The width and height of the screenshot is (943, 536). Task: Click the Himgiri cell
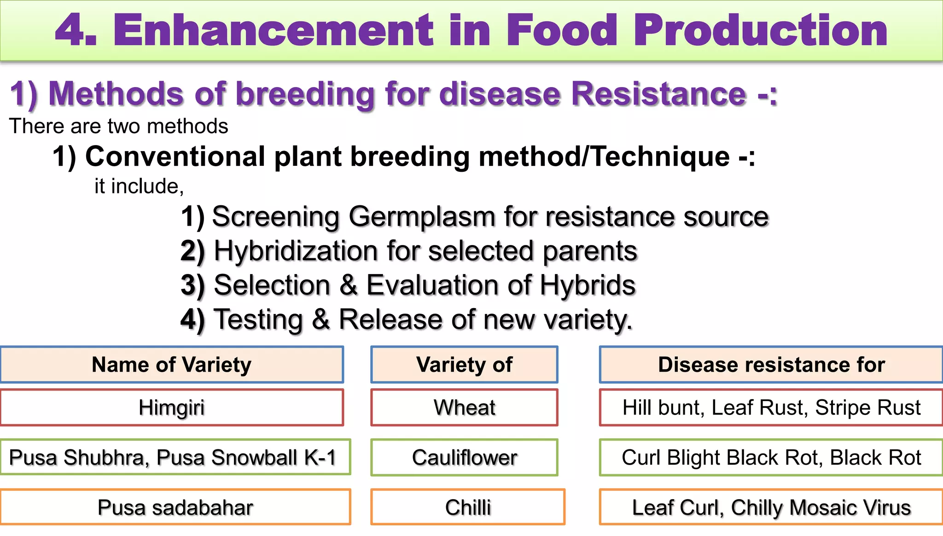pyautogui.click(x=172, y=408)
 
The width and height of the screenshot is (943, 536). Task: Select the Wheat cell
pyautogui.click(x=464, y=408)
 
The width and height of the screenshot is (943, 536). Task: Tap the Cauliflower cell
pyautogui.click(x=464, y=458)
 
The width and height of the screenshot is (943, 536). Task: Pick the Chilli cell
pyautogui.click(x=468, y=507)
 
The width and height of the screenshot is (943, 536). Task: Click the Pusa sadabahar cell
pyautogui.click(x=175, y=507)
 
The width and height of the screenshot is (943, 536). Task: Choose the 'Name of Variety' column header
pyautogui.click(x=172, y=365)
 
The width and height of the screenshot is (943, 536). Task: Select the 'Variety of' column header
pyautogui.click(x=464, y=365)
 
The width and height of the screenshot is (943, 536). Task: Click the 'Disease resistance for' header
pyautogui.click(x=771, y=365)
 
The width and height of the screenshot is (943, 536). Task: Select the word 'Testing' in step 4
pyautogui.click(x=258, y=320)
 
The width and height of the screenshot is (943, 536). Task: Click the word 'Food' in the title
pyautogui.click(x=561, y=30)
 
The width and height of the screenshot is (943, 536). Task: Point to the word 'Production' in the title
pyautogui.click(x=760, y=30)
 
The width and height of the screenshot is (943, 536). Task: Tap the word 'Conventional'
pyautogui.click(x=175, y=157)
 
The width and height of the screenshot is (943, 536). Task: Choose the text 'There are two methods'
pyautogui.click(x=118, y=126)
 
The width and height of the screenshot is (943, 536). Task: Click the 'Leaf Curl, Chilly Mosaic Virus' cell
pyautogui.click(x=771, y=507)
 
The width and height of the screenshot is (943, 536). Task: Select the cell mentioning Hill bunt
pyautogui.click(x=771, y=408)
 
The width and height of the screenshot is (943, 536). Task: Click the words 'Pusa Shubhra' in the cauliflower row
pyautogui.click(x=78, y=458)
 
